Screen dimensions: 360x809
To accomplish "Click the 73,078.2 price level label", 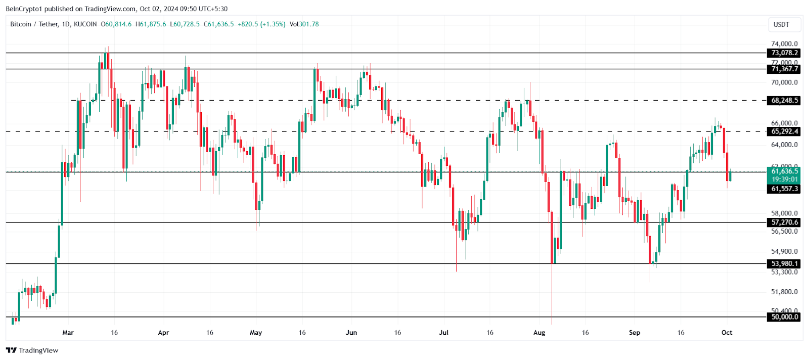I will tap(784, 53).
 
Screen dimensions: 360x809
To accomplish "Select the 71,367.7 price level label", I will tap(784, 69).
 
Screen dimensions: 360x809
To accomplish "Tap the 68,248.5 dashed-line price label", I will tap(784, 101).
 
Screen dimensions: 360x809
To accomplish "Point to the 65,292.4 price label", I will tap(784, 131).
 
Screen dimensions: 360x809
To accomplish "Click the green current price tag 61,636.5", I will tap(784, 171).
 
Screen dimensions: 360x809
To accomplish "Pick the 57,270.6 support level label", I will tap(784, 222).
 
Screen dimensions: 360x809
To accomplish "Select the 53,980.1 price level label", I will tap(784, 264).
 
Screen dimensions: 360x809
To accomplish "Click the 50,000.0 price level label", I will tap(784, 317).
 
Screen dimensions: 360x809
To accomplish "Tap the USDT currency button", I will tap(781, 24).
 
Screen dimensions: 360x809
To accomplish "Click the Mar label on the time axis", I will tap(68, 333).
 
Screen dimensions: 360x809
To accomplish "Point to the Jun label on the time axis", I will tap(351, 333).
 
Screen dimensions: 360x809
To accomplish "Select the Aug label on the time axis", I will tap(539, 333).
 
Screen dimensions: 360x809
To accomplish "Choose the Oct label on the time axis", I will tap(727, 333).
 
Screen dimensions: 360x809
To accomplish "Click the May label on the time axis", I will tap(256, 333).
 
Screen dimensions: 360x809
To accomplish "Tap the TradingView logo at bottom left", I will tap(32, 350).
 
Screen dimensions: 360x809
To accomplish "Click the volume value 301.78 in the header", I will tap(309, 24).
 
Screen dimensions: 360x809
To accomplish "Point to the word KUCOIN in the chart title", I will tap(85, 24).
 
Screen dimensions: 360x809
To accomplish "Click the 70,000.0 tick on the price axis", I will tap(784, 82).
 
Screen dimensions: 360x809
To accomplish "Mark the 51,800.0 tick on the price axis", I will tap(784, 292).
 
